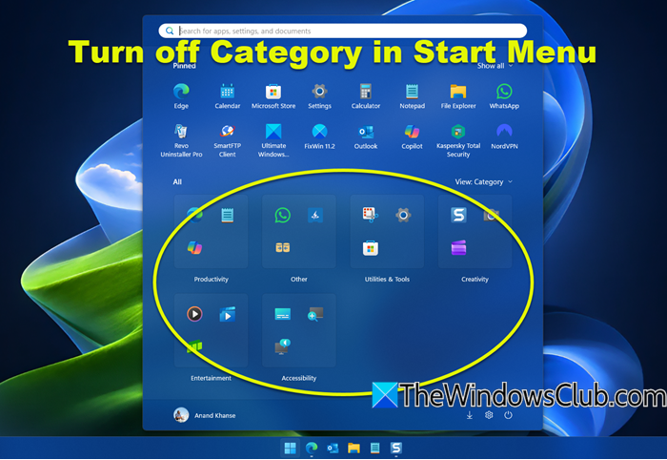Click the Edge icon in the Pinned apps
(181, 91)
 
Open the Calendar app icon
(227, 91)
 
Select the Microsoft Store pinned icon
(273, 92)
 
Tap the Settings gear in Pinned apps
(320, 91)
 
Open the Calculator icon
(366, 91)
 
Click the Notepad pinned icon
(412, 91)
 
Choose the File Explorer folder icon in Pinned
(458, 91)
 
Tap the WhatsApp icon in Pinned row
(504, 91)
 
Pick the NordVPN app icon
(504, 131)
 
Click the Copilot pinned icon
(412, 131)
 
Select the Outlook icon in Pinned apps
(366, 131)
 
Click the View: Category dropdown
(483, 181)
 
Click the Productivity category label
(211, 280)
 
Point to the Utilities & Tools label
(387, 280)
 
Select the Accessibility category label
(299, 378)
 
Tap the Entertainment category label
(211, 378)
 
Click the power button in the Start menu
(509, 415)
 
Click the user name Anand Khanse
(214, 415)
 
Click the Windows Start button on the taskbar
(290, 448)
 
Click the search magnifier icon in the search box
(169, 31)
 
